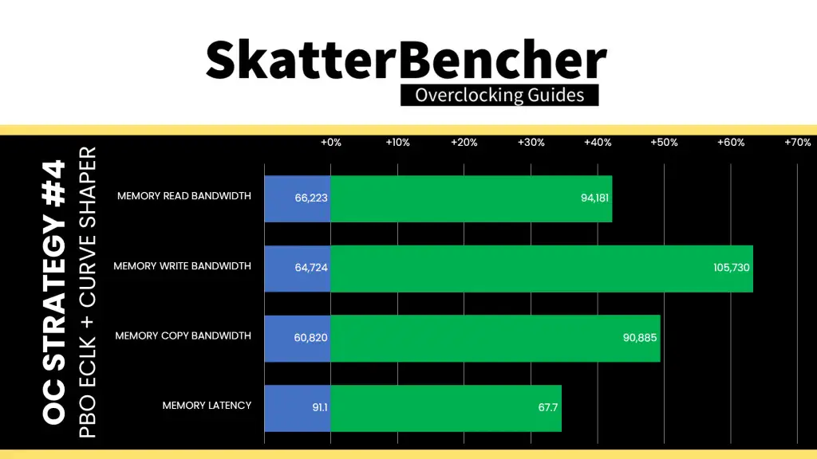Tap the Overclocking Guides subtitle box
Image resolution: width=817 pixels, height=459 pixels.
click(x=499, y=96)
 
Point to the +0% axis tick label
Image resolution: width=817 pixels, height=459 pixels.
click(x=331, y=142)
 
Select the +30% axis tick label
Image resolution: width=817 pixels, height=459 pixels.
click(x=531, y=142)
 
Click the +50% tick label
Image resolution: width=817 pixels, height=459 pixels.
click(x=664, y=142)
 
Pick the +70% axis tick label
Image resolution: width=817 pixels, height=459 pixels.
click(x=797, y=142)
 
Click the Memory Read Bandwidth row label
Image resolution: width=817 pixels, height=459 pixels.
click(x=184, y=196)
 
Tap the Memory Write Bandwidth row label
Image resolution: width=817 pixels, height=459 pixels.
click(x=183, y=266)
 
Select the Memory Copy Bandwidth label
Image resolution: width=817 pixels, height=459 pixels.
click(x=183, y=335)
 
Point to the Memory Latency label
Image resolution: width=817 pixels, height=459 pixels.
click(x=207, y=406)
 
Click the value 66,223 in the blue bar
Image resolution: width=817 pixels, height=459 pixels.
click(x=311, y=198)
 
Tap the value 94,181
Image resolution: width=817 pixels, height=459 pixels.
click(x=594, y=198)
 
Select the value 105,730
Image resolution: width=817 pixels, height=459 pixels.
click(x=732, y=268)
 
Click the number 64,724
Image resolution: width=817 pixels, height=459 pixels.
click(x=311, y=268)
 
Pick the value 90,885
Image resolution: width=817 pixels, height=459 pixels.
click(x=640, y=338)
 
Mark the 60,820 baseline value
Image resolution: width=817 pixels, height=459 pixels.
click(x=310, y=338)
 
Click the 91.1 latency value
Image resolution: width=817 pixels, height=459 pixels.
click(x=320, y=407)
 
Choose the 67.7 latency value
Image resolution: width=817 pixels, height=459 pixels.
click(x=548, y=407)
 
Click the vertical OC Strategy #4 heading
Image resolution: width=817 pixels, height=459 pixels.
click(x=54, y=292)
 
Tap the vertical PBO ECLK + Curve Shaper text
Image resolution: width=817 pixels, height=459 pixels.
click(x=88, y=292)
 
